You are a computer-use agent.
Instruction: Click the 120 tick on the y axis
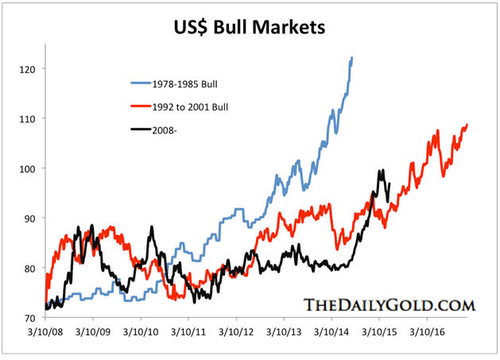pyautogui.click(x=27, y=69)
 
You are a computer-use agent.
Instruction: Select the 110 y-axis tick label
pyautogui.click(x=27, y=118)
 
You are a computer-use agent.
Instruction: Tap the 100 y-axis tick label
pyautogui.click(x=27, y=168)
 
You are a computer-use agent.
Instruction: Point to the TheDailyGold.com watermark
pyautogui.click(x=389, y=304)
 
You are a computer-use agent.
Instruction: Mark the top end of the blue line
pyautogui.click(x=352, y=58)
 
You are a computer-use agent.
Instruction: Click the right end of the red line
pyautogui.click(x=467, y=124)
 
